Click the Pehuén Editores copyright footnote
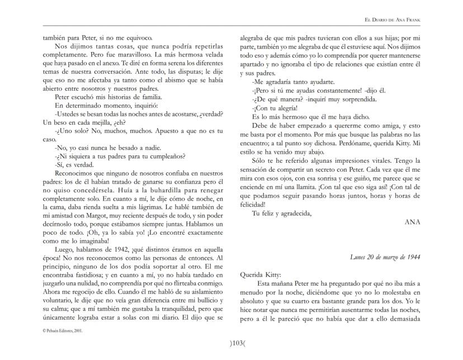click(x=64, y=331)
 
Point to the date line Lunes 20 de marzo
click(x=385, y=257)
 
